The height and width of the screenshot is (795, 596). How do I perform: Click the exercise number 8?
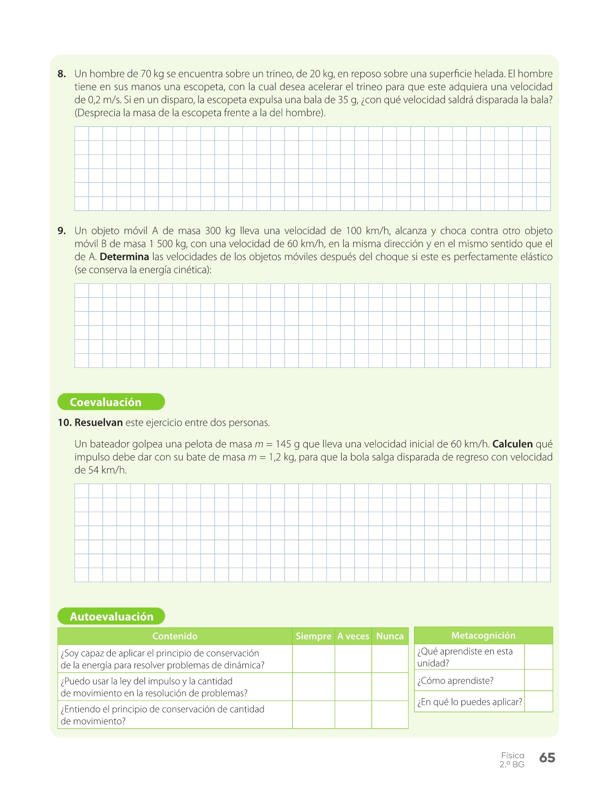[x=61, y=74]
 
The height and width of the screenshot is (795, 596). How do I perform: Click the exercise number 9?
[x=61, y=231]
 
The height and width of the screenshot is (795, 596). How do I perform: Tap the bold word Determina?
[x=124, y=257]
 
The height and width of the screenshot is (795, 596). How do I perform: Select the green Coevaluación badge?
[x=111, y=402]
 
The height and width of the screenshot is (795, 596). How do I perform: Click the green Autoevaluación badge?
[x=111, y=616]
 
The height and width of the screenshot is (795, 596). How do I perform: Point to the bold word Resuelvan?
[x=98, y=423]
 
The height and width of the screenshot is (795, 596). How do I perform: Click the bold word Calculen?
[x=512, y=444]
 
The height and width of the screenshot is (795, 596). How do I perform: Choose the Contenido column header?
[x=175, y=636]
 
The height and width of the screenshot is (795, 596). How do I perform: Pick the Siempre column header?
[x=313, y=636]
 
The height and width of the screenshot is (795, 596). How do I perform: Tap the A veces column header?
[x=353, y=636]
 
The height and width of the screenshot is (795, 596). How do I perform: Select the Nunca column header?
[x=390, y=636]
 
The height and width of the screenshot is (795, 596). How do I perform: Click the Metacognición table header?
[x=483, y=635]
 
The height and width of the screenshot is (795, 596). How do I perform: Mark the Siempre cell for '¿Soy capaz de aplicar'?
[x=313, y=659]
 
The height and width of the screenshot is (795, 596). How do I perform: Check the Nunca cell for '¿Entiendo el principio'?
[x=390, y=715]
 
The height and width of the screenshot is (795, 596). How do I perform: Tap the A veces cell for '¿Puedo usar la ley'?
[x=353, y=687]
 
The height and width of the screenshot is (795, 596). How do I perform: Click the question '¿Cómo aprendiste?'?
[x=455, y=681]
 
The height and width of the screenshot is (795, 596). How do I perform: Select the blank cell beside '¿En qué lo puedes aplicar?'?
[x=538, y=701]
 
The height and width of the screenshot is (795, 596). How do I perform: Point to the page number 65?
[x=547, y=758]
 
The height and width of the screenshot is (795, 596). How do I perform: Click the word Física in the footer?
[x=513, y=755]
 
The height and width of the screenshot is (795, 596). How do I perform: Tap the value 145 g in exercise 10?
[x=288, y=444]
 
